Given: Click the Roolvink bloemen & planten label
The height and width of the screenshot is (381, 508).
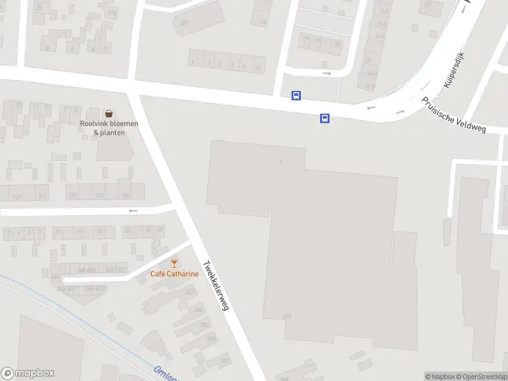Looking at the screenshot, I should (109, 128).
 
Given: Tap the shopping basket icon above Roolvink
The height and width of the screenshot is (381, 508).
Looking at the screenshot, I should (109, 114).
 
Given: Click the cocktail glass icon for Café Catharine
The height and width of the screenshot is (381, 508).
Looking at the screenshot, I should (174, 264).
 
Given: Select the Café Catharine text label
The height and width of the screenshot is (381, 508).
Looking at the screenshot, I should (174, 274).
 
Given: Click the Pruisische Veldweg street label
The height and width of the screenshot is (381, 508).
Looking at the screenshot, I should (454, 115).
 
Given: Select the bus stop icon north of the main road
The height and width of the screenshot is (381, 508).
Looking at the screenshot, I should (296, 95).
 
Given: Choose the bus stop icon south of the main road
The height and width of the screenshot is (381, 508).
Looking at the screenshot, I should (324, 118).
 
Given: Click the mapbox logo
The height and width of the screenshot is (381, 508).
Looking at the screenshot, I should (28, 373).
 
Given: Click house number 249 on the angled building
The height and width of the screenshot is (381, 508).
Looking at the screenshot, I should (184, 23).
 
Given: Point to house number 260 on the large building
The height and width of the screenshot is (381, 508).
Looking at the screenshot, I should (286, 316).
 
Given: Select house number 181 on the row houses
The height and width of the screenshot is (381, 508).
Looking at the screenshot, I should (126, 196).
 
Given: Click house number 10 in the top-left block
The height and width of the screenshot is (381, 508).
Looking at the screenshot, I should (46, 48).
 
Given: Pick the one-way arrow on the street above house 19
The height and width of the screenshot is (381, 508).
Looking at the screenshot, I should (133, 211).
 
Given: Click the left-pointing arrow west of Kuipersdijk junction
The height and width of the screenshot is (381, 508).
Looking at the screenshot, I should (371, 108).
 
